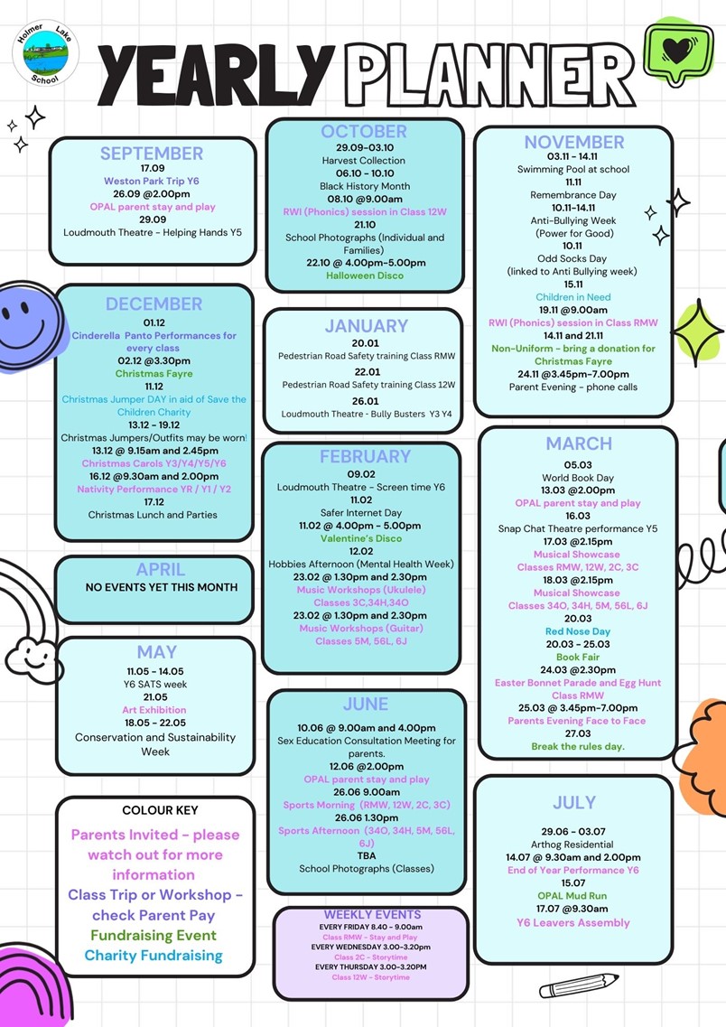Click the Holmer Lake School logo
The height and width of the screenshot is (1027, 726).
point(45,53)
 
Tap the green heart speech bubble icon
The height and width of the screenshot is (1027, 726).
point(677,52)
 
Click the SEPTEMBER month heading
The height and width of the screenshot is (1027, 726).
point(152,154)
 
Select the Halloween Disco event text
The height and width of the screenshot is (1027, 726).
point(365,275)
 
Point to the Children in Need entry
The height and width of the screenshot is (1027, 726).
point(572,296)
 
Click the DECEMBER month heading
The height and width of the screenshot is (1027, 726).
point(154,303)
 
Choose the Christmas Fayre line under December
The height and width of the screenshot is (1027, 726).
point(154,373)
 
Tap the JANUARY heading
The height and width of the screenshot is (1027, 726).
point(367,325)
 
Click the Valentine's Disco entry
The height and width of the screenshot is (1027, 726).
point(361,538)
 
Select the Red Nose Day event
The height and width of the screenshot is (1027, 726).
point(577,631)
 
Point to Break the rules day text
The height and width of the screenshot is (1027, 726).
point(577,747)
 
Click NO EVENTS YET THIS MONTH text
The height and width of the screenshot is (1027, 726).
point(161,587)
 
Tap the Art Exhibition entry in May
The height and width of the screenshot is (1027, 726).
point(154,710)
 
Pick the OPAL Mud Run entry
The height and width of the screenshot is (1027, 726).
point(572,896)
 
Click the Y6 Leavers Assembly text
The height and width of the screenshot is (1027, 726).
point(572,923)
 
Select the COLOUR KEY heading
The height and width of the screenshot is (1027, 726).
point(160,810)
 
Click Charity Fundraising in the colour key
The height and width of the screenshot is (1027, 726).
point(154,956)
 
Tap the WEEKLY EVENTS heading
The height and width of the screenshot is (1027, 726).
point(373,914)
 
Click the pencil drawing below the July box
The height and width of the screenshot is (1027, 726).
point(579,985)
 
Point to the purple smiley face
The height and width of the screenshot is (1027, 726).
point(30,325)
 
